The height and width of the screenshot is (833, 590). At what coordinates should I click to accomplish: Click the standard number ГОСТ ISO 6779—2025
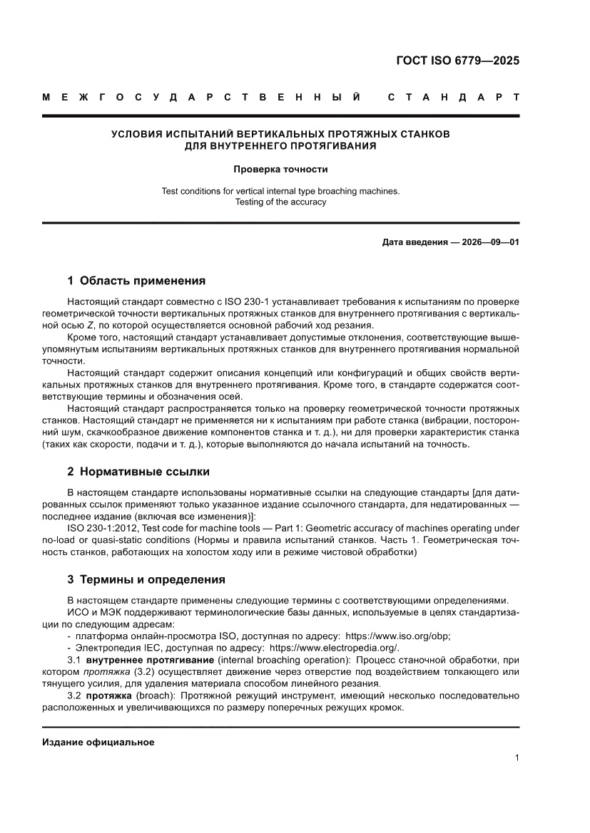(457, 61)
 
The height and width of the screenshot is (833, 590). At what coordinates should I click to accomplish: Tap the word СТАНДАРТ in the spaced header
(453, 97)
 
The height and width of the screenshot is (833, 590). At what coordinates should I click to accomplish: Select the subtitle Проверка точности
(280, 170)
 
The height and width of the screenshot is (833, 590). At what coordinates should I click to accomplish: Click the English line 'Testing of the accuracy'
(280, 202)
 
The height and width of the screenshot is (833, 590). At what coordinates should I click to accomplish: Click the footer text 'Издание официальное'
(98, 743)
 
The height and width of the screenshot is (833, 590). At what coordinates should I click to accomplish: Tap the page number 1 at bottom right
(516, 758)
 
